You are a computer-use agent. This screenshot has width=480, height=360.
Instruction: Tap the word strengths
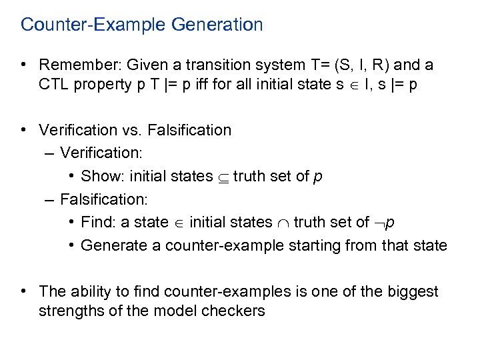70,311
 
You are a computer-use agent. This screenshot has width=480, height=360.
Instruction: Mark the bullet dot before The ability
24,291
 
